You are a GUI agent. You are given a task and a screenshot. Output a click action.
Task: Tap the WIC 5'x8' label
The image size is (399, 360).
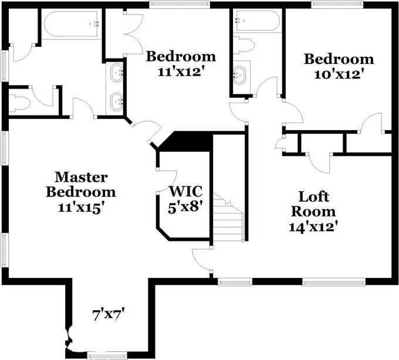tap(186, 199)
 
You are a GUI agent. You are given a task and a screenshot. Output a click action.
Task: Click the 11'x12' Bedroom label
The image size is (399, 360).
tap(181, 64)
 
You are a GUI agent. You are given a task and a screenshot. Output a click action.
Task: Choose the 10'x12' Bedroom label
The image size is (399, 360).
tap(339, 66)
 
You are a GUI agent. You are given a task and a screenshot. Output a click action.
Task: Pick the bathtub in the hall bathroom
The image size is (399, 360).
tap(257, 22)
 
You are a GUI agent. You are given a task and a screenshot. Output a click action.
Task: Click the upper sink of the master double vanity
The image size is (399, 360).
tap(117, 73)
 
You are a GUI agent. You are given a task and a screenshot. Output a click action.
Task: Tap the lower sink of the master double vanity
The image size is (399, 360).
tap(117, 100)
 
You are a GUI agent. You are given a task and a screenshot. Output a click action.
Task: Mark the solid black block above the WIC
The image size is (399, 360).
tap(187, 141)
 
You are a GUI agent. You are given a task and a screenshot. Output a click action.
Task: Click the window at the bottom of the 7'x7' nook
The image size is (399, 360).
tap(107, 355)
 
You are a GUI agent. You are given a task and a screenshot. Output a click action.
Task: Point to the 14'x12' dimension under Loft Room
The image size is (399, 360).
tap(313, 226)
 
